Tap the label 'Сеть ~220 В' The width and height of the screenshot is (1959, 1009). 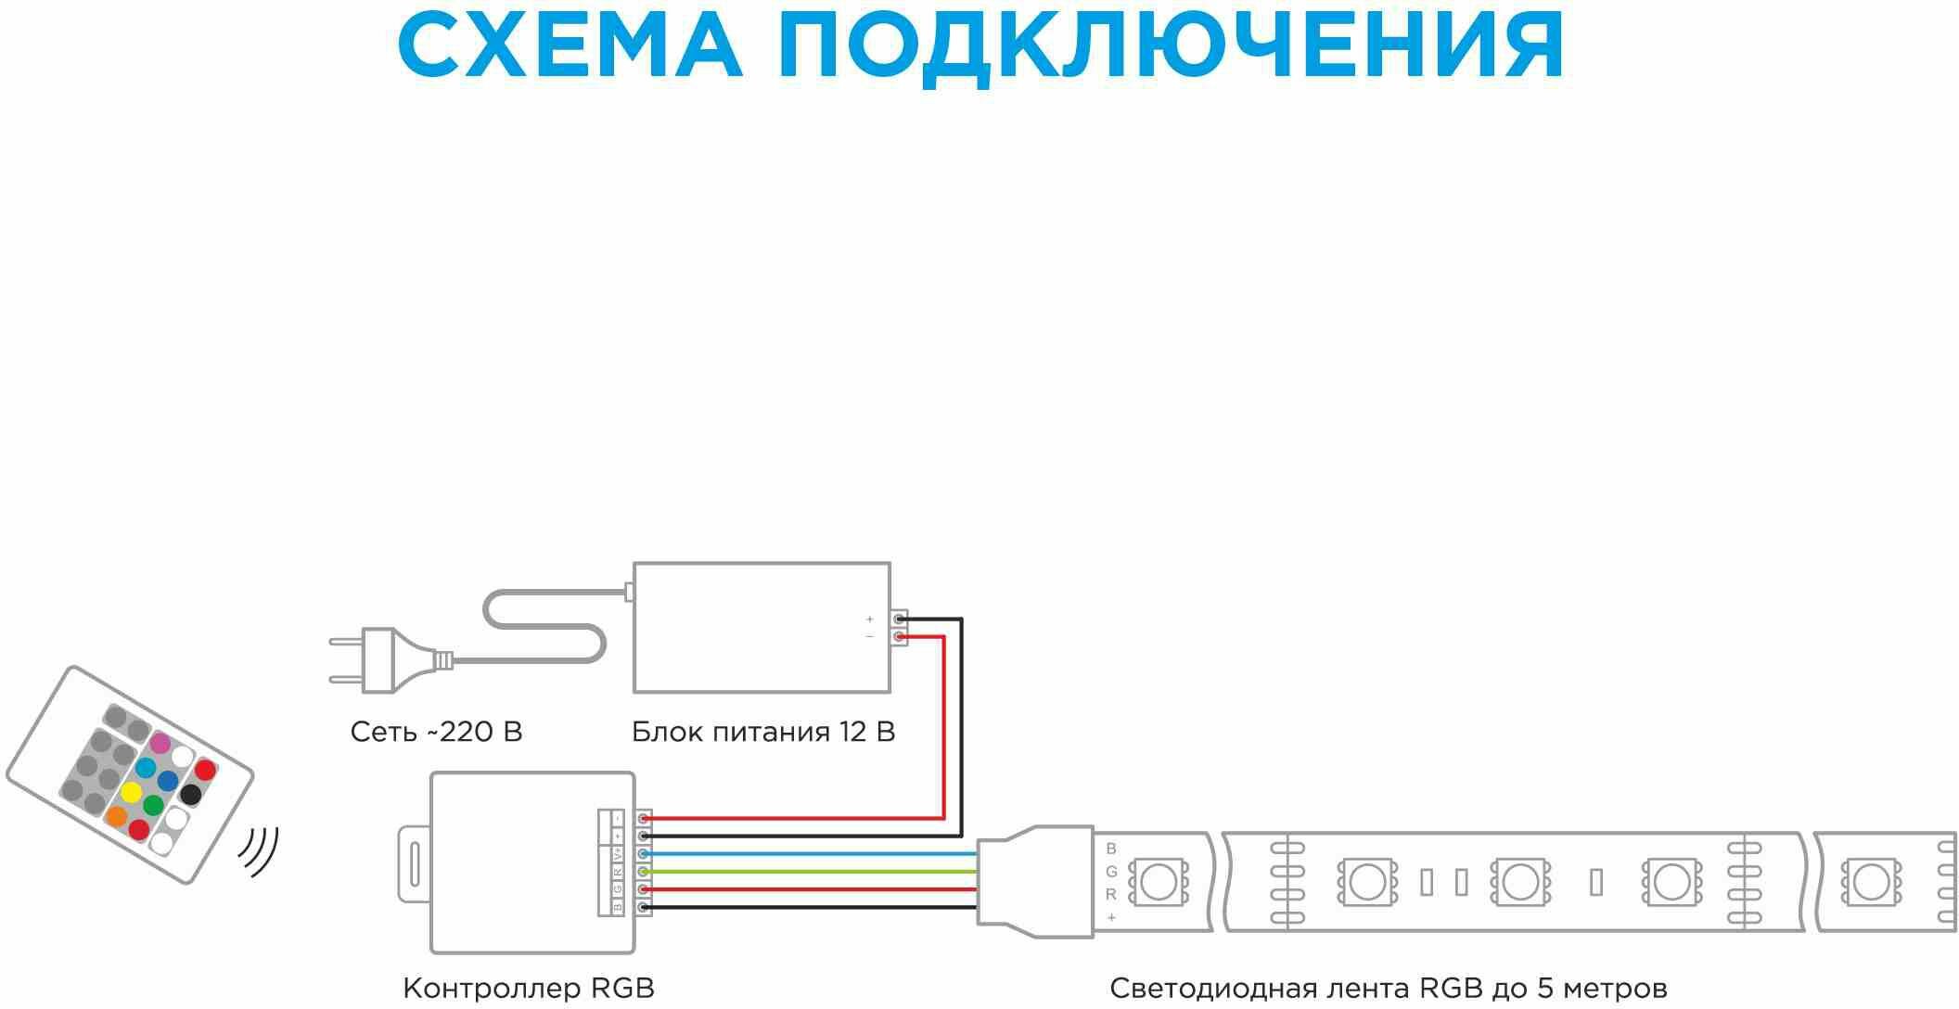436,732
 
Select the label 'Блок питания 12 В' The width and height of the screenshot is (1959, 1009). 762,732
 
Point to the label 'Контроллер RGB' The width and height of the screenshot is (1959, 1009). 529,988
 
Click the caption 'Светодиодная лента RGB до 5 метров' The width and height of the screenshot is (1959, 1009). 1388,988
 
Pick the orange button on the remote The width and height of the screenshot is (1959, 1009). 117,816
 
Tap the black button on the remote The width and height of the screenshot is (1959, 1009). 191,794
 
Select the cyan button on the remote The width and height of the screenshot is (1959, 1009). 146,768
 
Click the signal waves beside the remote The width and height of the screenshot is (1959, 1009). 259,850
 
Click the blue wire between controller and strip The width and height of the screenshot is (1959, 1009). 807,853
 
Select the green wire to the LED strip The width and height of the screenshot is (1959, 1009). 807,872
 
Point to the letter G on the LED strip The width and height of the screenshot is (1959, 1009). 1111,872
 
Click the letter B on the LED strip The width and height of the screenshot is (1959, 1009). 1111,849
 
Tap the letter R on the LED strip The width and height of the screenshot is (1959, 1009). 1111,895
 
